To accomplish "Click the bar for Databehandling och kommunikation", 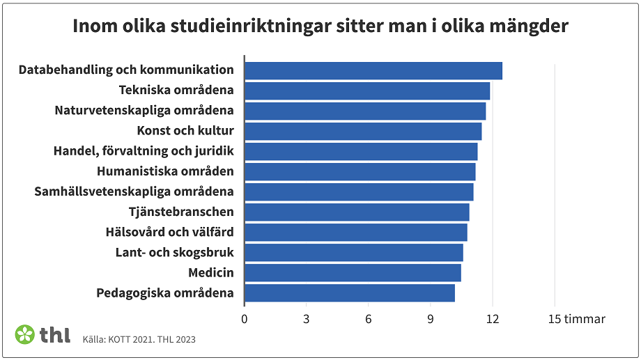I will (373, 71).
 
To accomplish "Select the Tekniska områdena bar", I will (366, 91).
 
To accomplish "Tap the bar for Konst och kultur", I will (362, 132).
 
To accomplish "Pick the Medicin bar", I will (352, 273).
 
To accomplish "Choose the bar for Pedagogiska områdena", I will (349, 293).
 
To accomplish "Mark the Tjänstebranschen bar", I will (356, 212).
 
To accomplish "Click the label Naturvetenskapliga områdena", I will (144, 111).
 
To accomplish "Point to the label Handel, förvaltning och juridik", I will (144, 151).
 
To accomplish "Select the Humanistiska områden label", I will (165, 171).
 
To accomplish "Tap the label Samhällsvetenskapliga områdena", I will (134, 191).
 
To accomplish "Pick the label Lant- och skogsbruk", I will (174, 252).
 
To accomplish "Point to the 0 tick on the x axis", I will (245, 319).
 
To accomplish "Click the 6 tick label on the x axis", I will (368, 319).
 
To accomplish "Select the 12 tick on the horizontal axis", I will (492, 319).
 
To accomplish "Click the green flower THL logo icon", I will (25, 334).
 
